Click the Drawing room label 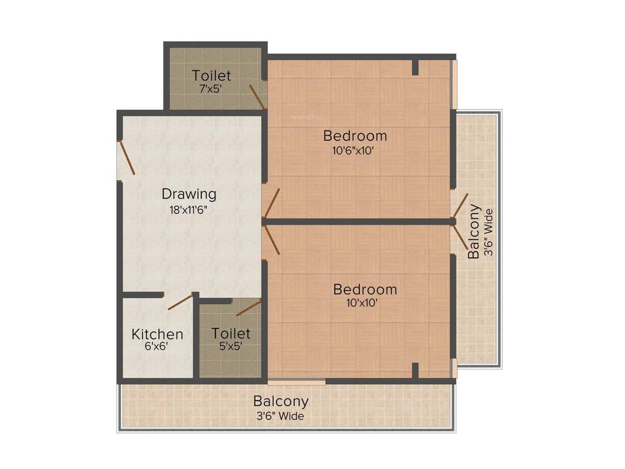[189, 194]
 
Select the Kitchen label [157, 334]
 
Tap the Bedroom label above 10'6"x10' [355, 135]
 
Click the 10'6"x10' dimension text [353, 150]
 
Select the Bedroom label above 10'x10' [365, 289]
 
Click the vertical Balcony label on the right [474, 232]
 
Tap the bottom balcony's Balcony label [281, 402]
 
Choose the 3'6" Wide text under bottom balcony [280, 416]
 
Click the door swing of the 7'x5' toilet [256, 96]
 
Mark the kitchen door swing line [180, 302]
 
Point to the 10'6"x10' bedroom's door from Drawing [272, 203]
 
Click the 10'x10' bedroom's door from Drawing [272, 239]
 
